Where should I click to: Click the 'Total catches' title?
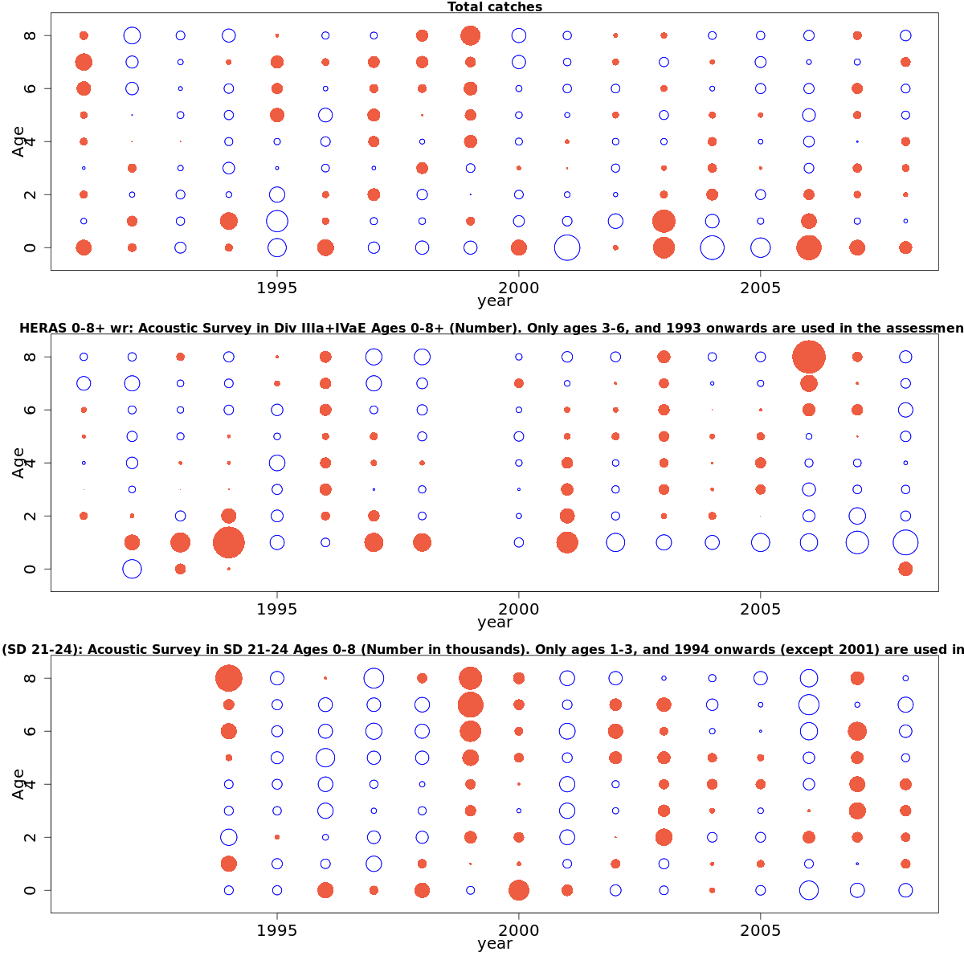(495, 7)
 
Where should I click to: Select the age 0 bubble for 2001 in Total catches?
(567, 247)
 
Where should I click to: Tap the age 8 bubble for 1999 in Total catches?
(471, 35)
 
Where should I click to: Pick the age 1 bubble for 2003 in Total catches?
(664, 221)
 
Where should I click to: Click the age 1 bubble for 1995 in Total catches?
(277, 221)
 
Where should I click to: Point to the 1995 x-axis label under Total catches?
(277, 287)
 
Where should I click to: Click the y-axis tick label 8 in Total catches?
(30, 35)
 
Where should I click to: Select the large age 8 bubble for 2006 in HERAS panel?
(809, 357)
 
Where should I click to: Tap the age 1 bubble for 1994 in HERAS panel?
(229, 542)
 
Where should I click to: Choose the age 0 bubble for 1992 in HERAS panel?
(133, 569)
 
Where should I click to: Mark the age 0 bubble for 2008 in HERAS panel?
(905, 569)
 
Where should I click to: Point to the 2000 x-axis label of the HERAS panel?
(519, 608)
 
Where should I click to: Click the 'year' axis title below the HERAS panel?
(495, 623)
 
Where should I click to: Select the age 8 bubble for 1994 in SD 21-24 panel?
(229, 678)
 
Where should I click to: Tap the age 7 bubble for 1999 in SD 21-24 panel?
(471, 705)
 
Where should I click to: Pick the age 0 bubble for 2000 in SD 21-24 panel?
(519, 890)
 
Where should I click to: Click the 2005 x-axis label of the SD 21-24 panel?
(760, 929)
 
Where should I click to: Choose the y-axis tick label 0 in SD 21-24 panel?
(30, 890)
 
